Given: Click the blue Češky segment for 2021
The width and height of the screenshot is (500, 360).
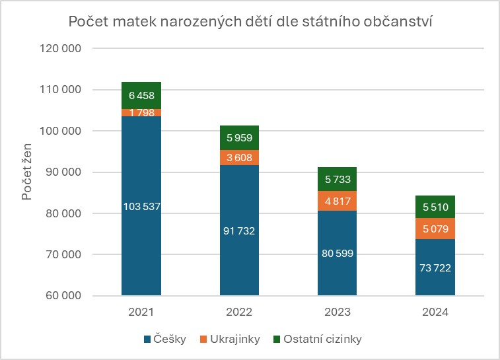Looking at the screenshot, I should point(141,251).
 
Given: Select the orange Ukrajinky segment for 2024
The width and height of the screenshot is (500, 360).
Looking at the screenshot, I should point(435,228).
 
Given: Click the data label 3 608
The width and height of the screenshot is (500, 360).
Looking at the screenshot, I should point(239,158).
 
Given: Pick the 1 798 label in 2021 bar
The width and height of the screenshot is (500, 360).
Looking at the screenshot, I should point(141,113).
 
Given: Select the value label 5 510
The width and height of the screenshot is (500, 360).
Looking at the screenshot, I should point(435,207).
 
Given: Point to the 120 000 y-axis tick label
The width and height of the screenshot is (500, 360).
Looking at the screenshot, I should point(61,48).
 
